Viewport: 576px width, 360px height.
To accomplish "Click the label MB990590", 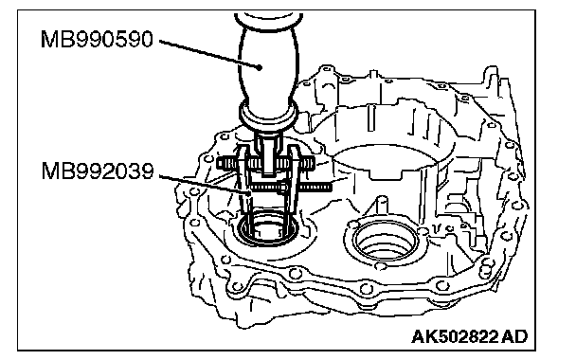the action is tap(97, 39).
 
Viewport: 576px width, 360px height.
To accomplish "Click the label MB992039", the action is tap(98, 171).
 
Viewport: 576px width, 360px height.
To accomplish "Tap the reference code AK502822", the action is tap(455, 336).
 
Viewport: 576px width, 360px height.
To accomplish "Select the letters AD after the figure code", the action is tap(514, 336).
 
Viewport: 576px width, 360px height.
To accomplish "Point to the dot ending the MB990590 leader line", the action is tap(260, 67).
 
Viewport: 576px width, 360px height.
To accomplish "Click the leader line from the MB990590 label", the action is tap(209, 53).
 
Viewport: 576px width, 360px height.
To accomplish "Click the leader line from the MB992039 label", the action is tap(205, 183).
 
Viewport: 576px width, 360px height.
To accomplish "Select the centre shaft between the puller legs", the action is tap(268, 154).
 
